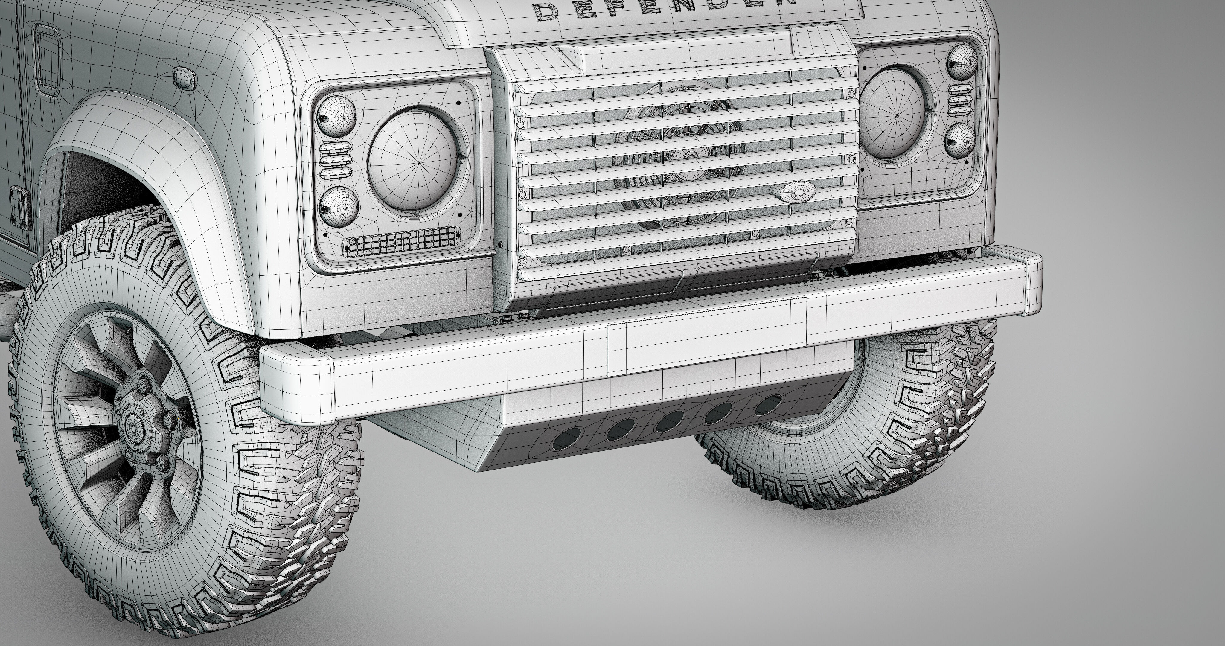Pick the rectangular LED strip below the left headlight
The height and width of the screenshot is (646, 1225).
pyautogui.click(x=402, y=240)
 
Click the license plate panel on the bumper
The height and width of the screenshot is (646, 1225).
pyautogui.click(x=707, y=336)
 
